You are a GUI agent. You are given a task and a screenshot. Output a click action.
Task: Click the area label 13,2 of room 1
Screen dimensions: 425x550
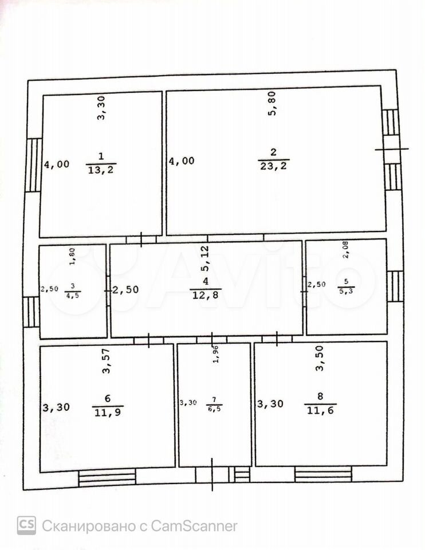tap(101, 170)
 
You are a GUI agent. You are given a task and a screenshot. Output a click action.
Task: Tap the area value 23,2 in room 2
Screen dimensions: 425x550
tap(274, 166)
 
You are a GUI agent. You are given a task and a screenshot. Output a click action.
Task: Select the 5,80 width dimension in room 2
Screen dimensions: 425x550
tap(273, 103)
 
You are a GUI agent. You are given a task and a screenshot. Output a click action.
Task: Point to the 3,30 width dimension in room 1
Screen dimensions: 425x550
tap(101, 108)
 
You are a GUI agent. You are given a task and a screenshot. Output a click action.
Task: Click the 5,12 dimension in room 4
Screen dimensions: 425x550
tap(205, 258)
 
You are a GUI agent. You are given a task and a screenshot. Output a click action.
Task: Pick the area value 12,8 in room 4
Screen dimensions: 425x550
tap(206, 294)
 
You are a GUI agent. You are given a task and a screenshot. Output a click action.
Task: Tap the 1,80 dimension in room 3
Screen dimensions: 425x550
tap(72, 257)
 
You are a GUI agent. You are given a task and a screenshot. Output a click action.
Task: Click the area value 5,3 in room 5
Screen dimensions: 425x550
tap(346, 290)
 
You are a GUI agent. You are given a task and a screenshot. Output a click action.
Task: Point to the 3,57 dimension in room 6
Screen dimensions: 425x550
tap(107, 361)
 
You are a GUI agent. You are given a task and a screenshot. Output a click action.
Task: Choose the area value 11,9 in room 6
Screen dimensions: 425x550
tap(108, 412)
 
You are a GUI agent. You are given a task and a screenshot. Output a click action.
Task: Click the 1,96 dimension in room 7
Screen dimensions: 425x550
tap(216, 354)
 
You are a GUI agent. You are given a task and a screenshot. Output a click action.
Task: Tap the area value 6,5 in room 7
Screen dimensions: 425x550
tap(214, 408)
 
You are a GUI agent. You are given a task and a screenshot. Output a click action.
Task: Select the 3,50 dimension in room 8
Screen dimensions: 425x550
tap(320, 358)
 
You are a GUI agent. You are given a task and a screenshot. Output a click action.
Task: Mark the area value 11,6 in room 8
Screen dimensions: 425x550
tap(321, 410)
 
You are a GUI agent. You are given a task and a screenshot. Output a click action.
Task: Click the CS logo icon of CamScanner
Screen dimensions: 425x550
tap(26, 525)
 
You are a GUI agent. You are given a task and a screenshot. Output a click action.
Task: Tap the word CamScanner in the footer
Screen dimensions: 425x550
tap(194, 526)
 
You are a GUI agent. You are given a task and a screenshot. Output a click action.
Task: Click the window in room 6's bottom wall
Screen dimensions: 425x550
tap(107, 477)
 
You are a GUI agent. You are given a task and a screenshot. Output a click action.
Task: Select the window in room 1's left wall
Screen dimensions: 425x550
tap(34, 165)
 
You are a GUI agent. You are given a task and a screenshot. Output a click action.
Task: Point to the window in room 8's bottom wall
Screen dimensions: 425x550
tap(323, 474)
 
